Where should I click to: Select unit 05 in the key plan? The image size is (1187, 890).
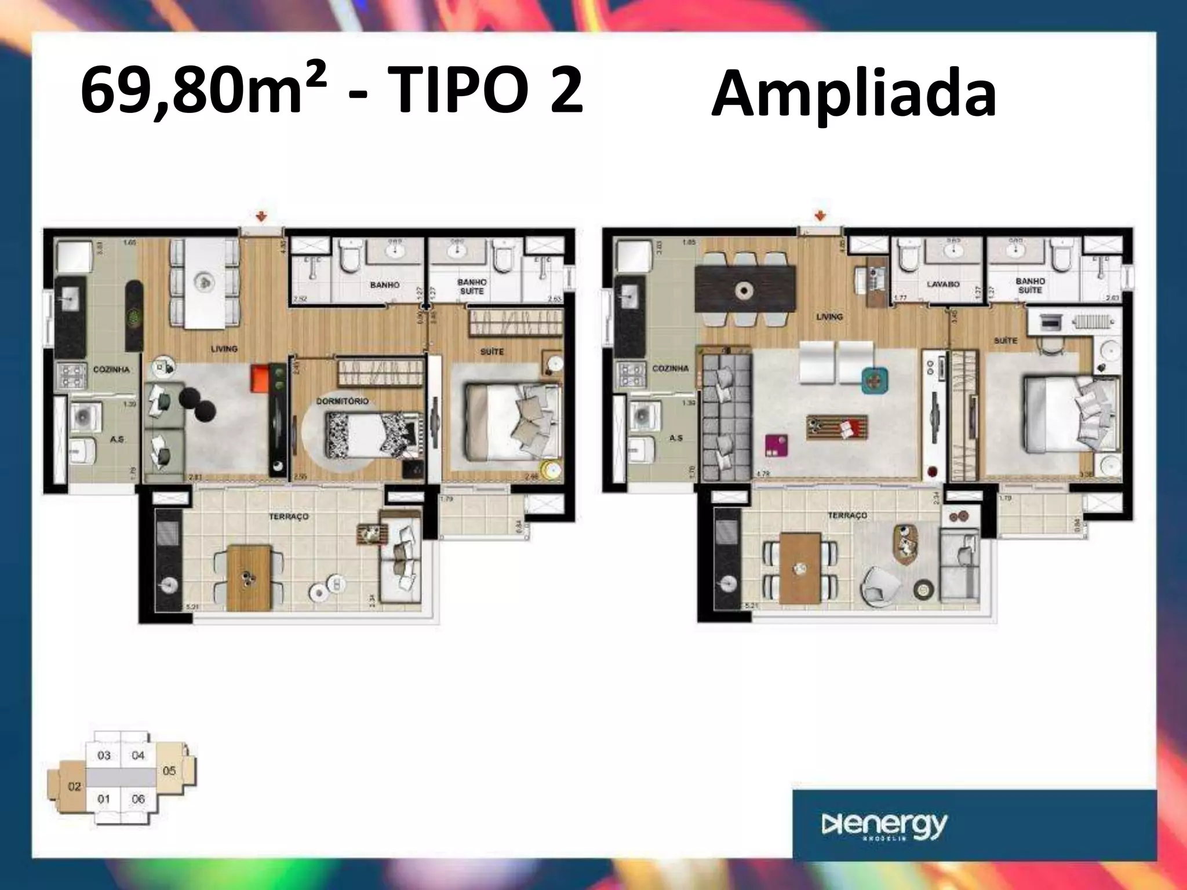(x=169, y=771)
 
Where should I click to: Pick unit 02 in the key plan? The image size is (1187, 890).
(x=74, y=786)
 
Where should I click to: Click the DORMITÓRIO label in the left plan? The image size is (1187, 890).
(x=342, y=401)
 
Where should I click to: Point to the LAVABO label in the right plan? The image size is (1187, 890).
(x=942, y=284)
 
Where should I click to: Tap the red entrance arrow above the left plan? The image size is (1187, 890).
(x=262, y=217)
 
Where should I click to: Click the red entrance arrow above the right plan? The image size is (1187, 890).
(x=820, y=216)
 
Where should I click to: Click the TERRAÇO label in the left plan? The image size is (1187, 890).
(x=289, y=516)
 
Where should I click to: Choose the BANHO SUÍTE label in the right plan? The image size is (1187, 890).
(x=1030, y=285)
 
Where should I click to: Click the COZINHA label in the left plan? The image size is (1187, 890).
(x=111, y=370)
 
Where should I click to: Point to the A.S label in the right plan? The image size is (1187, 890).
(x=676, y=438)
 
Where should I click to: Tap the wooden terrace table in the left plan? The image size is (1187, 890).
(x=249, y=577)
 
